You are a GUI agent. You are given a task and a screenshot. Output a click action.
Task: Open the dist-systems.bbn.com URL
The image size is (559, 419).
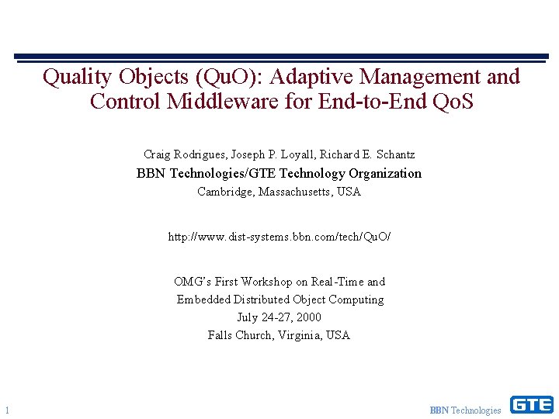(x=279, y=236)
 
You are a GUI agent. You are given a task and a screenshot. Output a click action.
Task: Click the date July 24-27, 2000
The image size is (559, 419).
(x=279, y=317)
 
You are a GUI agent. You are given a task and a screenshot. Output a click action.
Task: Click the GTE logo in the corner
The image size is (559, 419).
(x=531, y=404)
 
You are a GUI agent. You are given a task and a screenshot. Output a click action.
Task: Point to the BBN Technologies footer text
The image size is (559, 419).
(x=466, y=410)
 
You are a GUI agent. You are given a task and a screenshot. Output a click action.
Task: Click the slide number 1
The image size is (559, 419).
(x=6, y=410)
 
